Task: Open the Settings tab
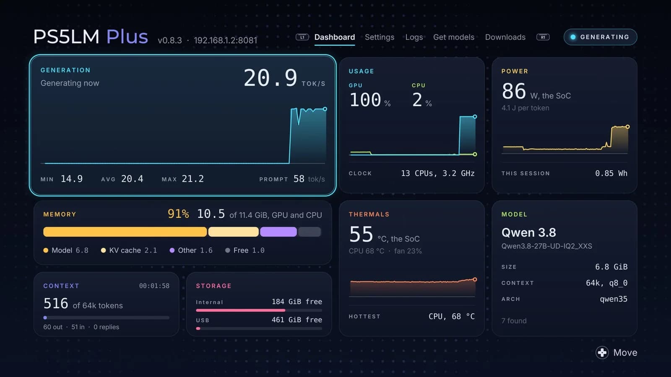[x=380, y=37]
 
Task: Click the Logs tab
[x=414, y=37]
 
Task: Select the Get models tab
[x=454, y=37]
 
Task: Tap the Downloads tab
[x=505, y=37]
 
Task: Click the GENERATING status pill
[x=600, y=37]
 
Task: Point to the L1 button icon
[x=302, y=37]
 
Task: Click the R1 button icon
[x=543, y=37]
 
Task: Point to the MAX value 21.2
[x=192, y=178]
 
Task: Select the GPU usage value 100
[x=365, y=100]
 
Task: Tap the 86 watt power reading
[x=514, y=91]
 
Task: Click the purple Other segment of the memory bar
[x=278, y=232]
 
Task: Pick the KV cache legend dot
[x=103, y=250]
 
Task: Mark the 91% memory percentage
[x=178, y=214]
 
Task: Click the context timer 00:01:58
[x=154, y=286]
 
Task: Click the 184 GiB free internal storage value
[x=297, y=302]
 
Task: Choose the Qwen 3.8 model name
[x=529, y=232]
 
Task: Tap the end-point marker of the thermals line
[x=475, y=279]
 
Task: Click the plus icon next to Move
[x=602, y=352]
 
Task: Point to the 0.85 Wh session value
[x=611, y=173]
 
